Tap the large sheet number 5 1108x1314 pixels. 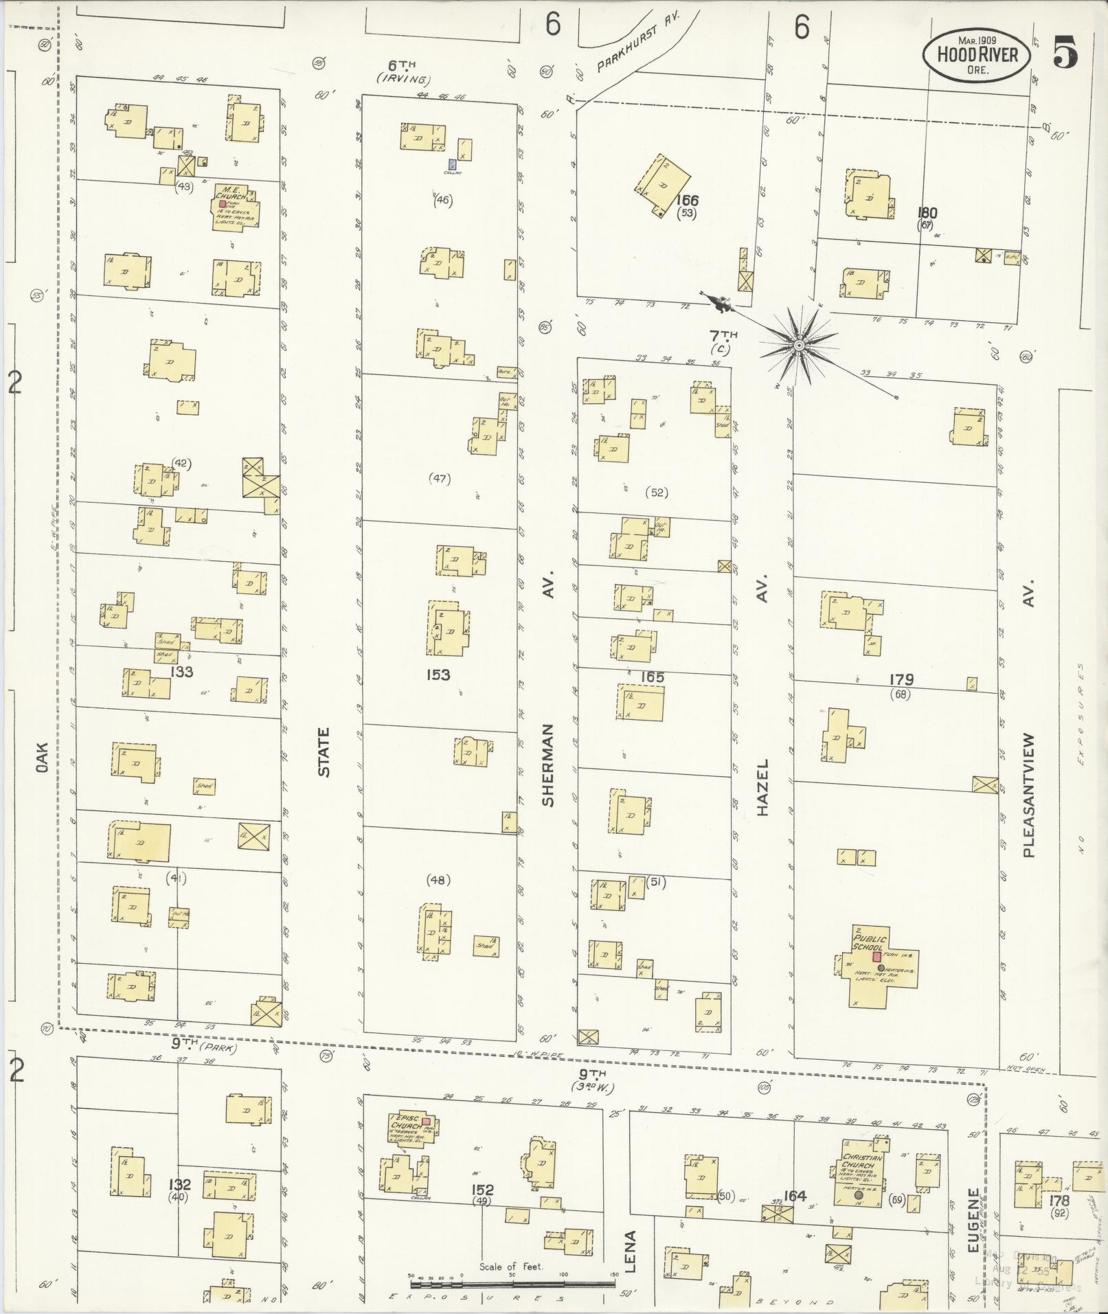coord(1065,52)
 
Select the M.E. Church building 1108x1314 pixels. coord(236,206)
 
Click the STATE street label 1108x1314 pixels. coord(323,751)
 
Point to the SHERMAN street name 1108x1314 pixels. coord(547,763)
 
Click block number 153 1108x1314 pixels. coord(438,675)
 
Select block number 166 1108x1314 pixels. coord(686,200)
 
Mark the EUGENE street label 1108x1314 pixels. coord(973,1219)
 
